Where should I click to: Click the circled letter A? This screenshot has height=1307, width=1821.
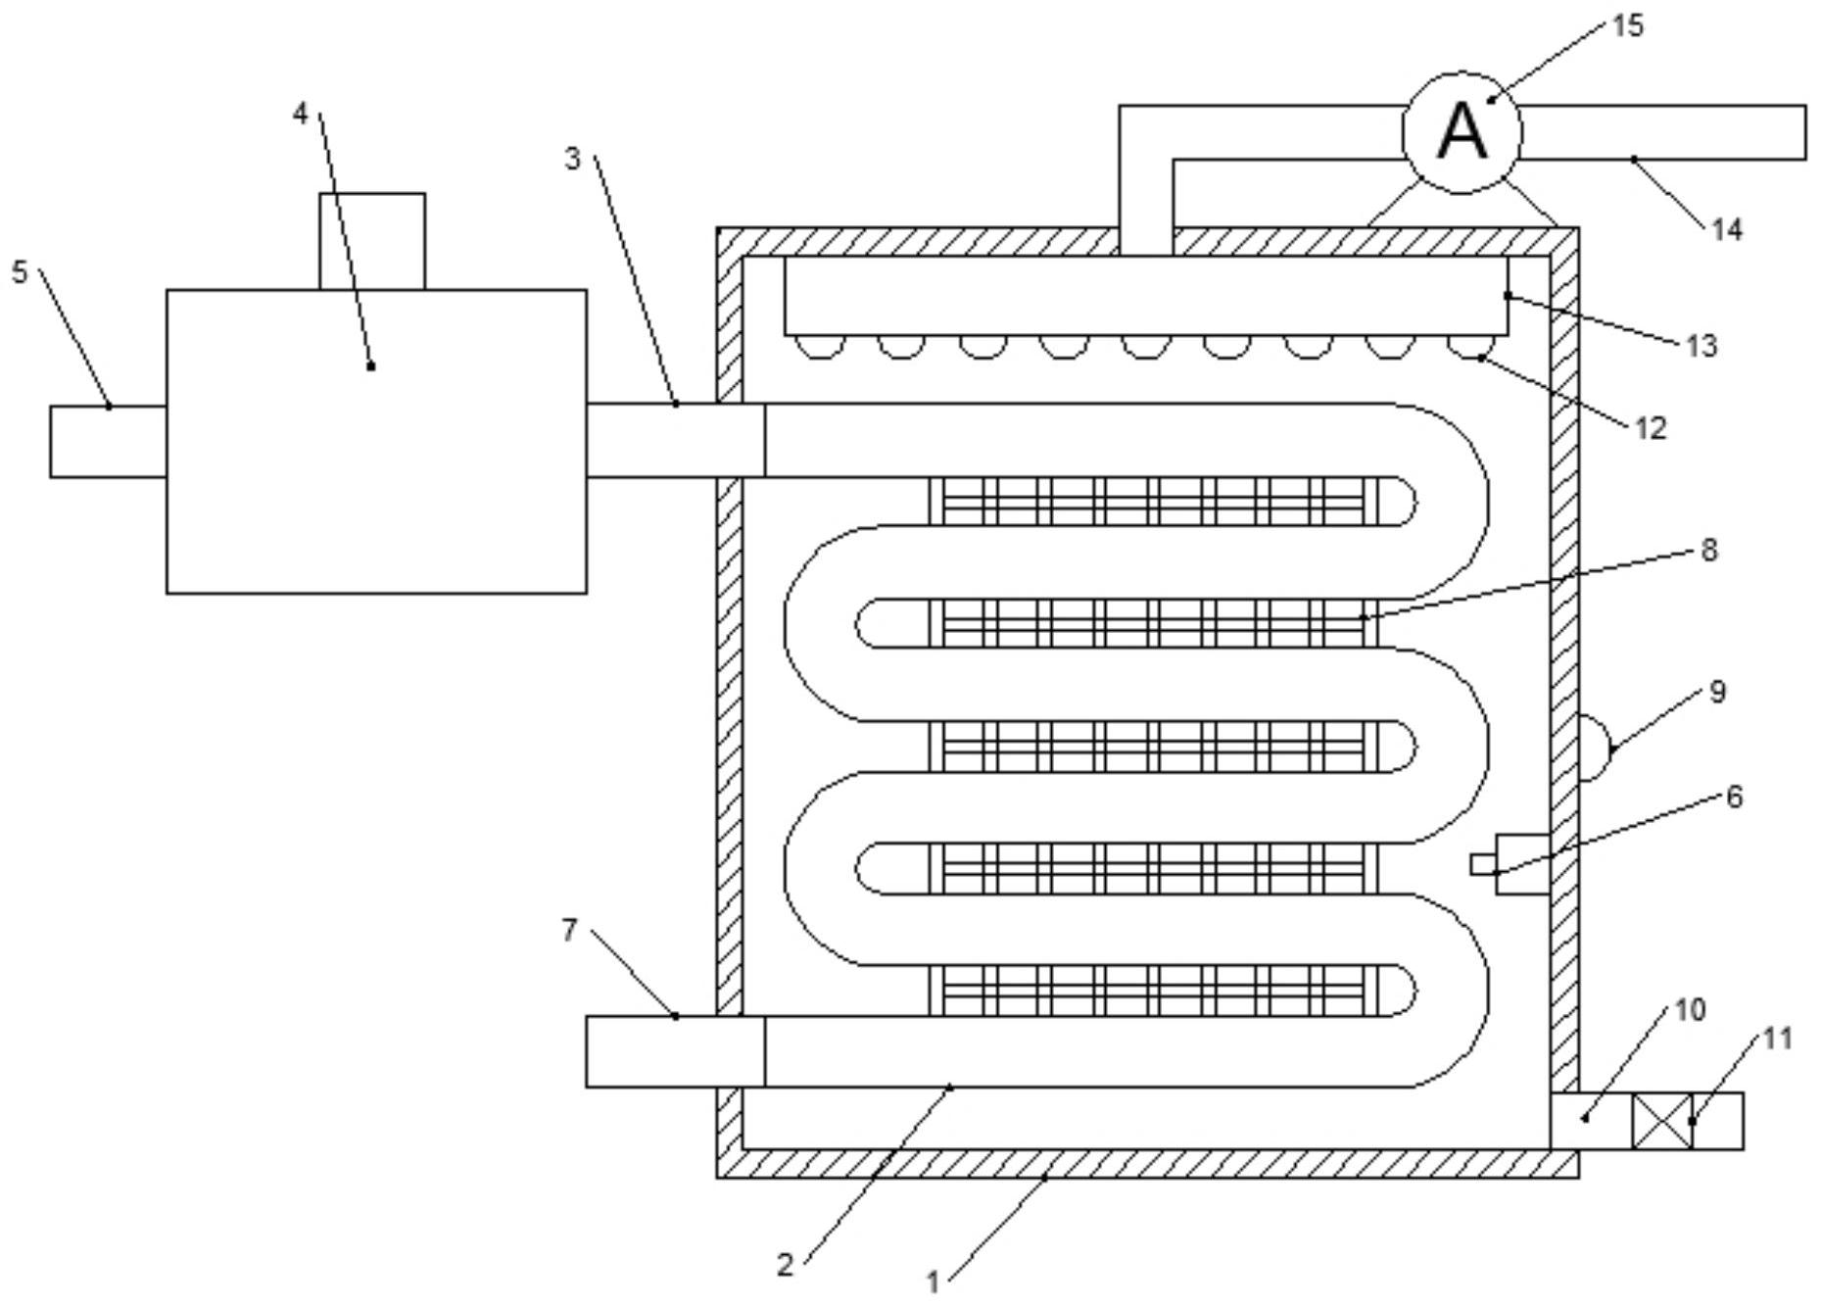[1462, 132]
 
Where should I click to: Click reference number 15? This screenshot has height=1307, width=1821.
[1627, 25]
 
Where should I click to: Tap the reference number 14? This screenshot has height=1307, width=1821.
[1727, 229]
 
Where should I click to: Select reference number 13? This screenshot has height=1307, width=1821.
[1701, 345]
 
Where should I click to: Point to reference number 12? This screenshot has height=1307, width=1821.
[1651, 428]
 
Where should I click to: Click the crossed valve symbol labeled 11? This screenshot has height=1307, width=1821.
[1662, 1121]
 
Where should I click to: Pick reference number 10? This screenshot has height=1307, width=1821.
[1690, 1009]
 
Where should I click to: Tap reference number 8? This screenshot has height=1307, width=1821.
[1709, 550]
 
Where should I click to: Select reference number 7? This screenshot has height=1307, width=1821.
[570, 930]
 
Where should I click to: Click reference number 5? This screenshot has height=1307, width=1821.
[21, 271]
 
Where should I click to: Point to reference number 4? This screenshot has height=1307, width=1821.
[301, 114]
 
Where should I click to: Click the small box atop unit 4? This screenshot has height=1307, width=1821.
[372, 241]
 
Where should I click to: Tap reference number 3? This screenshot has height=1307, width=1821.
[573, 158]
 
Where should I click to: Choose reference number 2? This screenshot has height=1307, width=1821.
[785, 1264]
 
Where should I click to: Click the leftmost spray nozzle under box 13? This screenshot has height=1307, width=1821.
[820, 347]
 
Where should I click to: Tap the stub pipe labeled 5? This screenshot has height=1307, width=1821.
[109, 442]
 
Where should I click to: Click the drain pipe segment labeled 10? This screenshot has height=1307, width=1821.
[1592, 1121]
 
